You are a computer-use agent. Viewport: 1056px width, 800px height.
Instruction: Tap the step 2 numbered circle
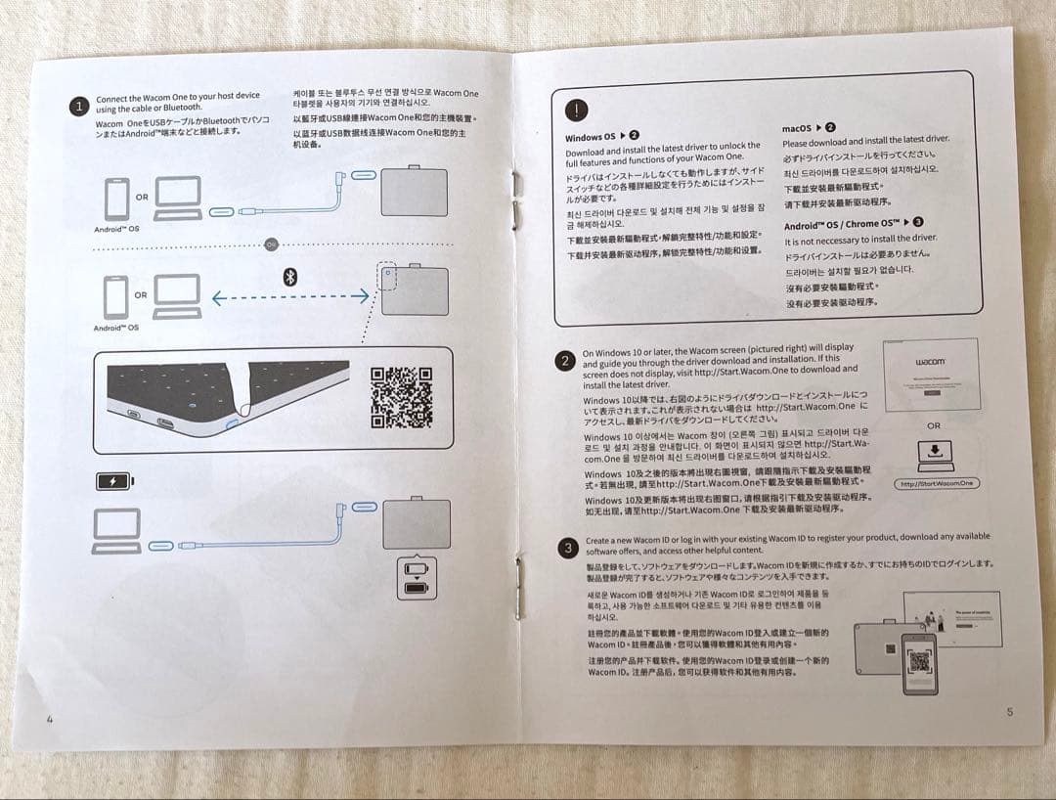[565, 361]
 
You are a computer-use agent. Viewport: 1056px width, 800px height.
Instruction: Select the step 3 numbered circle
[567, 549]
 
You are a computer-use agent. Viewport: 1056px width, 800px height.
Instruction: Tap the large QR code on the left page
[401, 397]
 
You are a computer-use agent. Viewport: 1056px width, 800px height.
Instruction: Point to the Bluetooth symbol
[289, 277]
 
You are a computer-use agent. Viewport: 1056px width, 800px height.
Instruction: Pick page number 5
[1009, 712]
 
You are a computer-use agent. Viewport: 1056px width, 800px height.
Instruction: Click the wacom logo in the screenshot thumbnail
[930, 361]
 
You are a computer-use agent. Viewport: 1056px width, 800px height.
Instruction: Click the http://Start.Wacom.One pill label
[936, 483]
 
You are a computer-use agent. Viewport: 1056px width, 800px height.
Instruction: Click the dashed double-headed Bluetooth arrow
[290, 296]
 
